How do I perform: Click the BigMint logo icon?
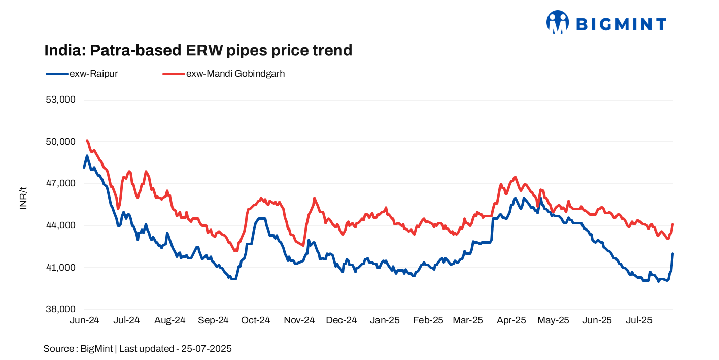pyautogui.click(x=558, y=22)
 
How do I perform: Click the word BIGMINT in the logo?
pyautogui.click(x=621, y=24)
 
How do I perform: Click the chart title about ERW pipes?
pyautogui.click(x=198, y=50)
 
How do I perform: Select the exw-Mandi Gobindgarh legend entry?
pyautogui.click(x=224, y=74)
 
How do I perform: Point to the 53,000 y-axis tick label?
pyautogui.click(x=60, y=100)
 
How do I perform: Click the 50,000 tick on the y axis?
pyautogui.click(x=60, y=142)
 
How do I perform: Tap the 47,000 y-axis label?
pyautogui.click(x=60, y=183)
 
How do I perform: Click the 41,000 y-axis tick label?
pyautogui.click(x=60, y=268)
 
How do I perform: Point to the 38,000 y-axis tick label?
pyautogui.click(x=60, y=309)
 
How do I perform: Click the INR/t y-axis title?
pyautogui.click(x=23, y=198)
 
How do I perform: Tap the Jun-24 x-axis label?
pyautogui.click(x=84, y=320)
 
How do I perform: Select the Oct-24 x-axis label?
pyautogui.click(x=256, y=320)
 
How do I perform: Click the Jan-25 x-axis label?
pyautogui.click(x=385, y=320)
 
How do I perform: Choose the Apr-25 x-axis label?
pyautogui.click(x=511, y=320)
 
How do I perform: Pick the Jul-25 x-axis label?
pyautogui.click(x=639, y=320)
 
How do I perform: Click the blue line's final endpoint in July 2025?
pyautogui.click(x=672, y=254)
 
